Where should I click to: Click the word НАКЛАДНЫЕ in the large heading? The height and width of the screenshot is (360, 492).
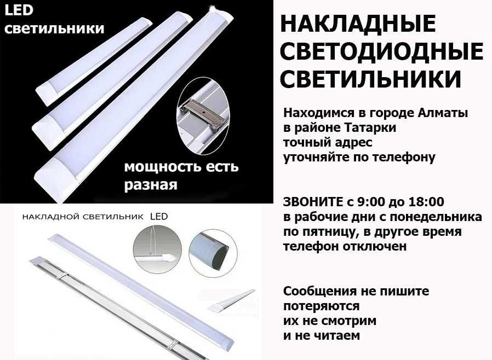(358, 24)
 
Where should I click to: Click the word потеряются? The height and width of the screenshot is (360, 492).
(321, 306)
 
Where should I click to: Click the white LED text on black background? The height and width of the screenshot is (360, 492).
(19, 10)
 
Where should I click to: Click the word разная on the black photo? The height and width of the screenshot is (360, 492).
(151, 185)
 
